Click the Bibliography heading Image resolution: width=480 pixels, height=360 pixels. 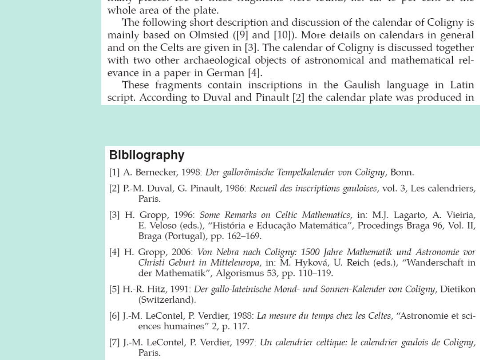coord(147,156)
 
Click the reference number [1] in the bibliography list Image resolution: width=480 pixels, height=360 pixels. coord(114,173)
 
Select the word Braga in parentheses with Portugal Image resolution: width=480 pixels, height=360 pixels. coord(148,235)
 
